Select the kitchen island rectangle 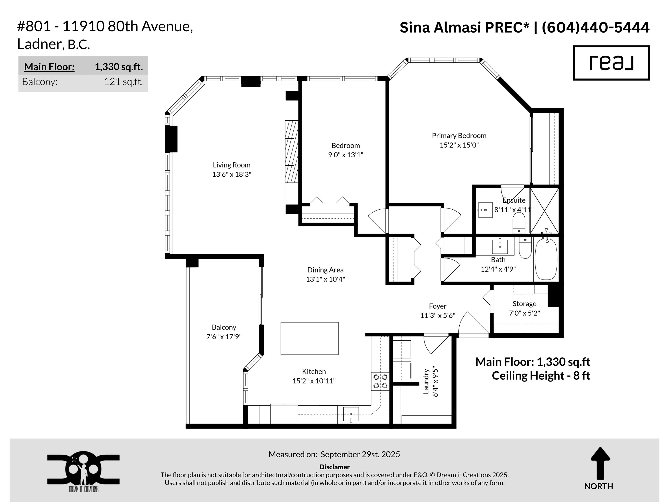[309, 338]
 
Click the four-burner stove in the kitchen [380, 381]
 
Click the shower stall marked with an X [544, 211]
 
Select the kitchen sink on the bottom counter [351, 414]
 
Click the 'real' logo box [611, 63]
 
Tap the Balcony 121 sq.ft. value [123, 82]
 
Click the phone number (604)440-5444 [595, 28]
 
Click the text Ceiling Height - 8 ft [541, 375]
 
